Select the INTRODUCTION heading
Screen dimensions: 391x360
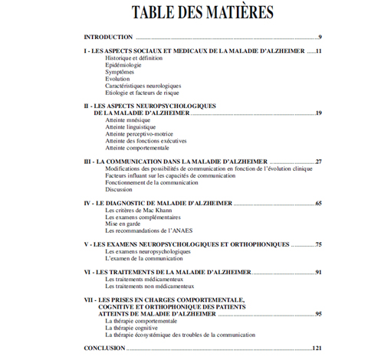(x=107, y=37)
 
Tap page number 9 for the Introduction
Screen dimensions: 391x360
(x=320, y=37)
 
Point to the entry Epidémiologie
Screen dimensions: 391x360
(x=124, y=64)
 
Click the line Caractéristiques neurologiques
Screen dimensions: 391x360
(x=143, y=86)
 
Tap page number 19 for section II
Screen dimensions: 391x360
(x=318, y=113)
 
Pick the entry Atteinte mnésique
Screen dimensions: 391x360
(x=129, y=120)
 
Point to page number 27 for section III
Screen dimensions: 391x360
(x=318, y=162)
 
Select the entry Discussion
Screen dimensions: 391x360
(x=119, y=190)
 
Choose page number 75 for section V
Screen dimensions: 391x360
(x=318, y=244)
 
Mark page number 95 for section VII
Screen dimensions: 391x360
(x=318, y=314)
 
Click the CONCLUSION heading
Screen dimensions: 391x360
(x=105, y=349)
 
